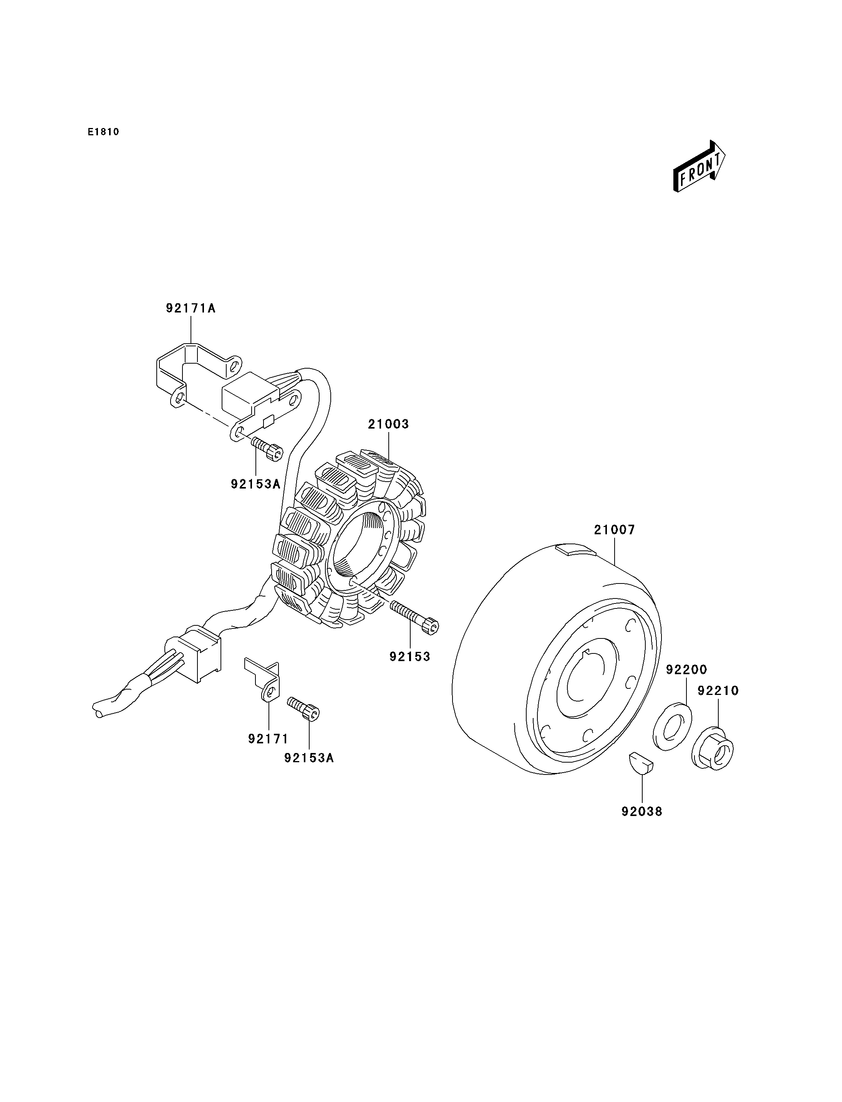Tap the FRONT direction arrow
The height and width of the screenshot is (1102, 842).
pyautogui.click(x=699, y=166)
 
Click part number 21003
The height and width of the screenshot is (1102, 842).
pyautogui.click(x=388, y=424)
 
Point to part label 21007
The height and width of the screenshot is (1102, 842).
pyautogui.click(x=615, y=530)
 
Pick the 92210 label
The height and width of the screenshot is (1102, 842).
pyautogui.click(x=718, y=691)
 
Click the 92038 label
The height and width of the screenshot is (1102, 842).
pyautogui.click(x=641, y=811)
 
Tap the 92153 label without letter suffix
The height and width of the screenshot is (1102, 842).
pyautogui.click(x=410, y=657)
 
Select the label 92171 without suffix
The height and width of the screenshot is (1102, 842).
pyautogui.click(x=268, y=738)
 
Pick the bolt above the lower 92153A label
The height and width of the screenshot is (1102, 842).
pyautogui.click(x=303, y=709)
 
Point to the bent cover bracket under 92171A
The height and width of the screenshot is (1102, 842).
pyautogui.click(x=199, y=375)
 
